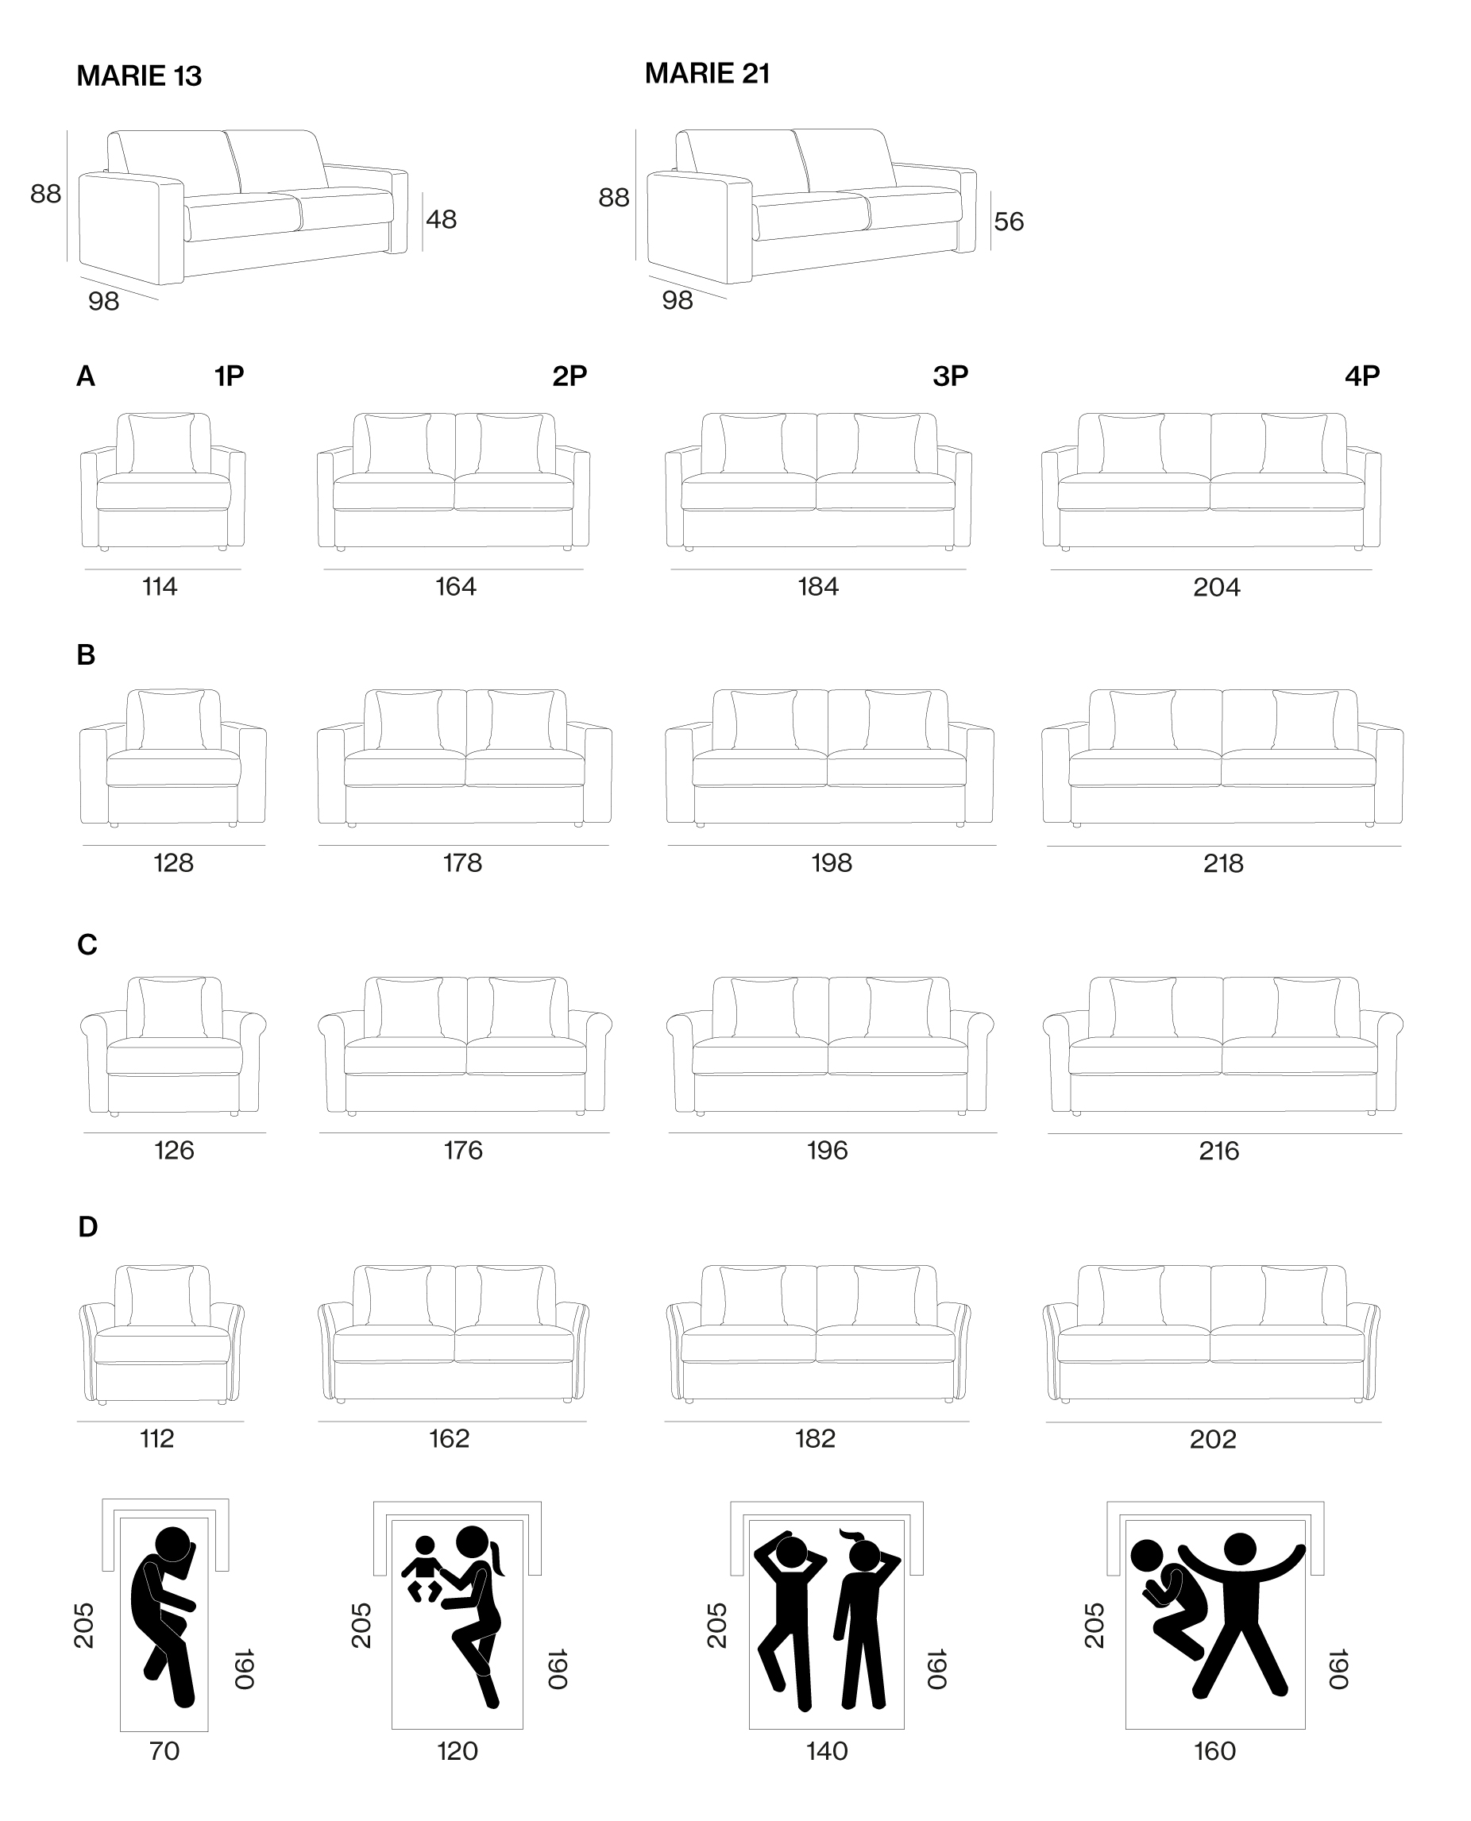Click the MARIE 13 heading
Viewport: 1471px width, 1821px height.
[139, 76]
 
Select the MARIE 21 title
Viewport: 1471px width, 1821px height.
[708, 74]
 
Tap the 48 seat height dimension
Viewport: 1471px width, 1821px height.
[442, 219]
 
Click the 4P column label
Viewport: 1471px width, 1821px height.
[1362, 376]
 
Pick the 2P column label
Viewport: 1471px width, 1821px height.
[569, 376]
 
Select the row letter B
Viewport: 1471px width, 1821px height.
[86, 655]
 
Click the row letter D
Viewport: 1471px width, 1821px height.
[87, 1226]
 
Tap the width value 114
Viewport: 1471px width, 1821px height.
[160, 586]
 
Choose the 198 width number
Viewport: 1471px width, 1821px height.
[832, 862]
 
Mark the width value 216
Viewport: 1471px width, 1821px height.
[1218, 1150]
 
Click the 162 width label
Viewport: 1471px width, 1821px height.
[449, 1438]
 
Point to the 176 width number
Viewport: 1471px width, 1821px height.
[462, 1150]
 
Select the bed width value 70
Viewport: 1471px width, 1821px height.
[164, 1750]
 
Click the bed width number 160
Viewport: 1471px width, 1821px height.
[1215, 1750]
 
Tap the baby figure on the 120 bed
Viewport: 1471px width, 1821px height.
[423, 1568]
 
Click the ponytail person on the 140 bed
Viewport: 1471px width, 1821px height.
[863, 1618]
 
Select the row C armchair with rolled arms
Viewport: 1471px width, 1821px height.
[173, 1046]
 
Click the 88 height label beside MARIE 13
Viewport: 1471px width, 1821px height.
[46, 194]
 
